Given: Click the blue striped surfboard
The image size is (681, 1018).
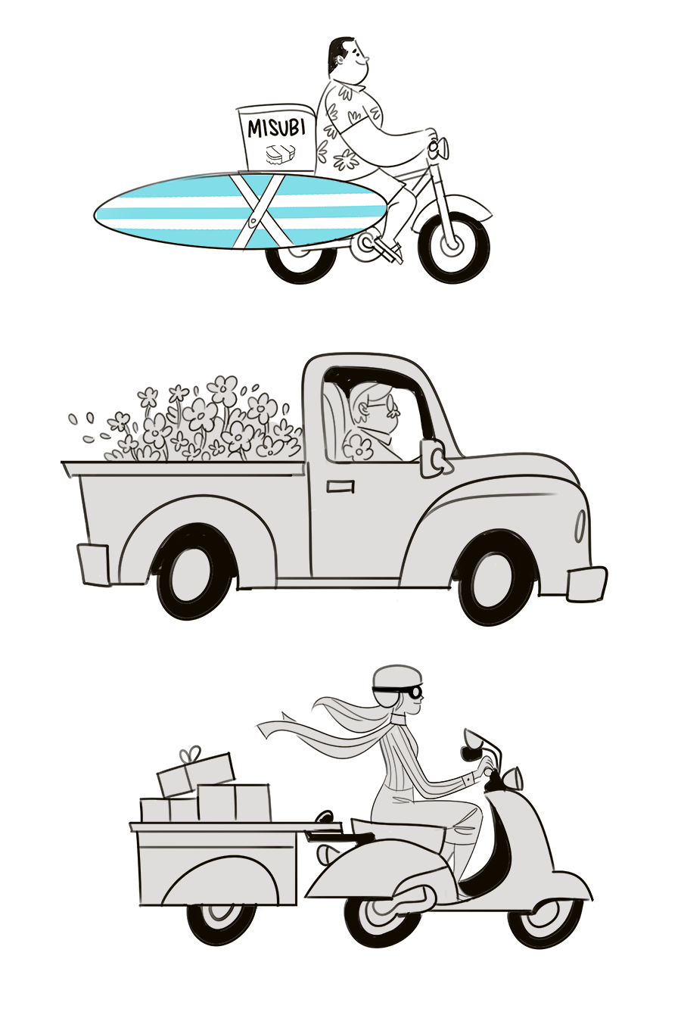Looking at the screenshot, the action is [x=241, y=211].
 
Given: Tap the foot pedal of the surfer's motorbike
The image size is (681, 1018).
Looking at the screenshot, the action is [x=388, y=251].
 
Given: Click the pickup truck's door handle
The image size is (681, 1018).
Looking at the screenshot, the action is [x=340, y=486].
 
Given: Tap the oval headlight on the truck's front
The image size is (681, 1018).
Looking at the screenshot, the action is [x=580, y=525].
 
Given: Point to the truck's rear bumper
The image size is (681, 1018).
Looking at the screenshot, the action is [x=92, y=565].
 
